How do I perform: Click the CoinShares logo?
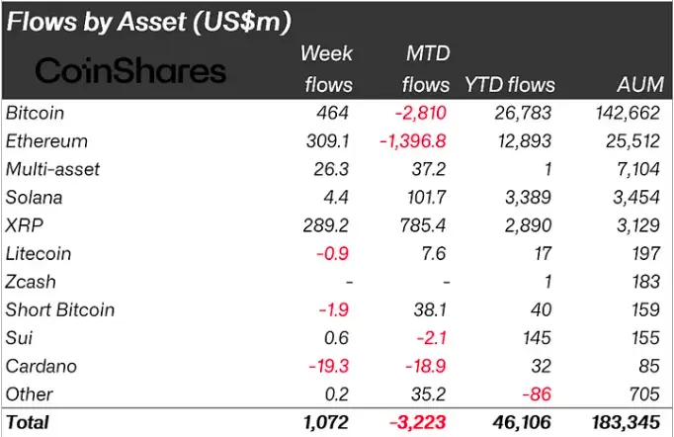[130, 70]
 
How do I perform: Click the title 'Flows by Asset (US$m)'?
[162, 22]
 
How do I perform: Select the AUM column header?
[638, 85]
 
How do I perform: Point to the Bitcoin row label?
[34, 114]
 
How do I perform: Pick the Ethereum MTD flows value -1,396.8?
[414, 141]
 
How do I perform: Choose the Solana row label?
[33, 198]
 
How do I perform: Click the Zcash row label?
[31, 282]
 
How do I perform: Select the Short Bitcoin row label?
[60, 309]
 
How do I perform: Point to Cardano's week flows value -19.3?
[331, 366]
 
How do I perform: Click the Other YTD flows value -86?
[540, 393]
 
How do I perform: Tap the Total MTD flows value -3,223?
[419, 422]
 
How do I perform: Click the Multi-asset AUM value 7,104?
[638, 170]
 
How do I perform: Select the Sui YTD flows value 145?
[540, 338]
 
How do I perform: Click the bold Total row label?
[28, 422]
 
